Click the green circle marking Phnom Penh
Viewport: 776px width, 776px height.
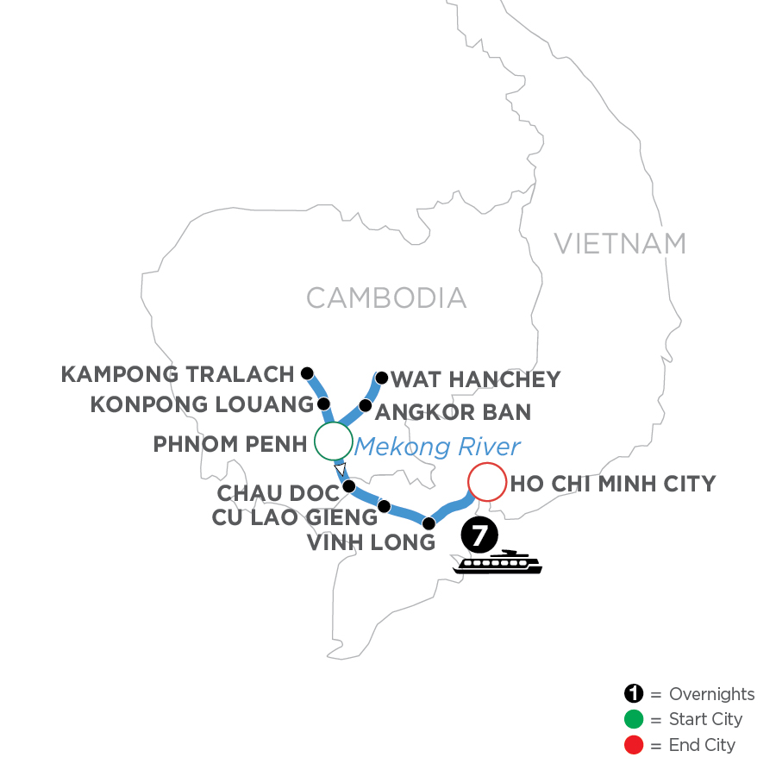333,441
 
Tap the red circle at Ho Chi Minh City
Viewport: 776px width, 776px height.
485,483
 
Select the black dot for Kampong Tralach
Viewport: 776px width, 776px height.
306,373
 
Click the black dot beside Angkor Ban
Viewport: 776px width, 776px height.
365,405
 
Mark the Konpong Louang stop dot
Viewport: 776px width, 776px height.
323,404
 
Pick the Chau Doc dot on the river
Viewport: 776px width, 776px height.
349,486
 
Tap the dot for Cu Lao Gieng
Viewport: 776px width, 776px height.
385,506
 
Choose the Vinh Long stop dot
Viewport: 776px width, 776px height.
429,523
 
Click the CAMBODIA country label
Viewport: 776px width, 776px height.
386,298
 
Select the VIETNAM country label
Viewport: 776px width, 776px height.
620,244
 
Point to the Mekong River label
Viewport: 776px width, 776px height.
438,447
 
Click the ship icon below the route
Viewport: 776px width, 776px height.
499,562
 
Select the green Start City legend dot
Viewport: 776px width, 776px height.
634,719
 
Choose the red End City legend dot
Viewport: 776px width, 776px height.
634,744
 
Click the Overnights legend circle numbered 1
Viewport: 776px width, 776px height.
634,694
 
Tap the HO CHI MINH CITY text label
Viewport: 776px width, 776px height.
613,484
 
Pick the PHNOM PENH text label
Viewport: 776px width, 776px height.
230,445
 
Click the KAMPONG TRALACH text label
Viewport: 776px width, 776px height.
178,374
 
